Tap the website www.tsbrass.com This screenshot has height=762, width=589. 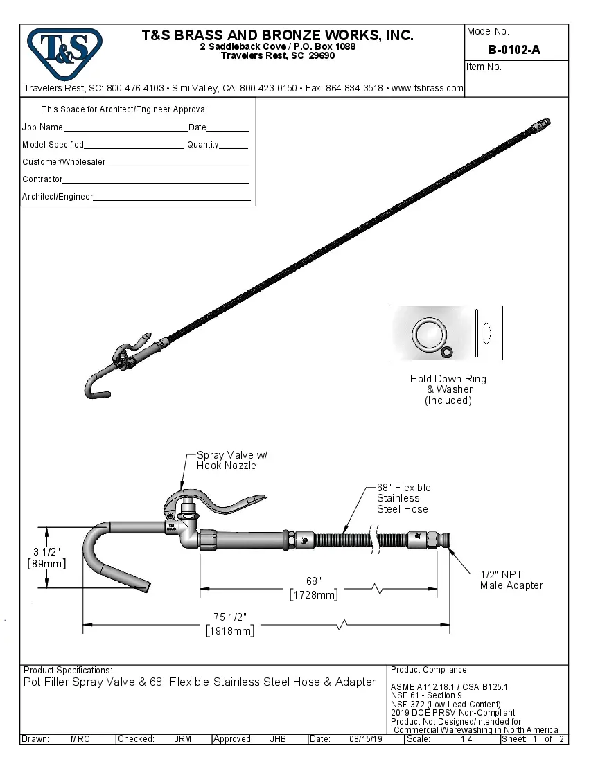click(428, 89)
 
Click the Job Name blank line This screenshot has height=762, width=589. click(125, 129)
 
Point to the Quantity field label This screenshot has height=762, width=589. click(202, 145)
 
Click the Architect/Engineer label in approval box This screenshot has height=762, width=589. click(57, 197)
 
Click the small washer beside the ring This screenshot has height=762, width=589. click(447, 353)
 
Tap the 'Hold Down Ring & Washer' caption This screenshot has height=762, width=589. click(448, 389)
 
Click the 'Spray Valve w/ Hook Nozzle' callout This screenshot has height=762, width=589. click(231, 461)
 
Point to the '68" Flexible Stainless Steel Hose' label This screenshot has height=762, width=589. click(403, 498)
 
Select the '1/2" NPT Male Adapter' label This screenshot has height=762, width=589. click(511, 580)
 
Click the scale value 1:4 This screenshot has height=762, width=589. click(467, 739)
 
